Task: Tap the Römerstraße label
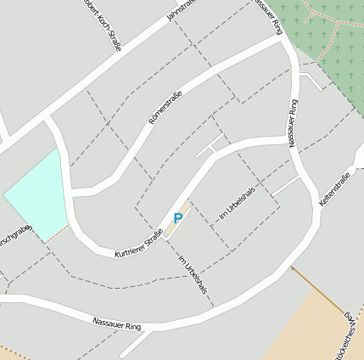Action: click(x=165, y=108)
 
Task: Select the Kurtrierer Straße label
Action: click(x=139, y=243)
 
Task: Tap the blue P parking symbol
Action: click(x=177, y=218)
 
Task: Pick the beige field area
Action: click(x=314, y=327)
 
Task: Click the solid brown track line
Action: click(x=318, y=289)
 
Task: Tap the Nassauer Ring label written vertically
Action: click(x=294, y=124)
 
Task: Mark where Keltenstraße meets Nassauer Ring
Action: click(x=319, y=208)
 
